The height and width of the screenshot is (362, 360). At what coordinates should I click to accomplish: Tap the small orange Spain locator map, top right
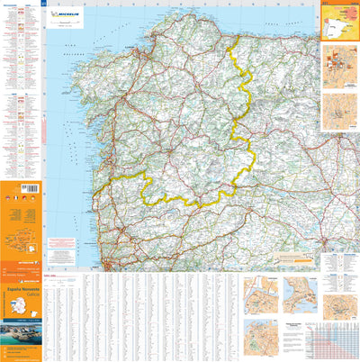(339, 23)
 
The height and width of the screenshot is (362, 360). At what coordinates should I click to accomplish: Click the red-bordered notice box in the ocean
(62, 244)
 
